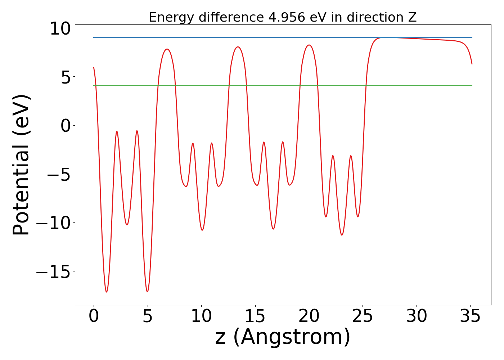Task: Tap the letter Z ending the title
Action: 413,17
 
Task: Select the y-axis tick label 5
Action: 66,77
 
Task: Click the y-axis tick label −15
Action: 53,272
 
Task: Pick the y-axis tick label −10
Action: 53,223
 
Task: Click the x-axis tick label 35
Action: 470,317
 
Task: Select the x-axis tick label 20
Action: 309,317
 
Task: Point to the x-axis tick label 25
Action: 363,317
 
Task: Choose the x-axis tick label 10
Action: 201,317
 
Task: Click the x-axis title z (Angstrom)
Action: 283,337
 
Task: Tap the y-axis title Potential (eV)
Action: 22,165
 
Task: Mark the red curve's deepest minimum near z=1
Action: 107,292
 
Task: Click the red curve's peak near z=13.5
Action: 238,47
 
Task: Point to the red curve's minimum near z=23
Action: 342,235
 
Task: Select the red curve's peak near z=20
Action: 309,45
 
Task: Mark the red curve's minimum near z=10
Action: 202,230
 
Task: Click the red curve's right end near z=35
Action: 472,64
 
